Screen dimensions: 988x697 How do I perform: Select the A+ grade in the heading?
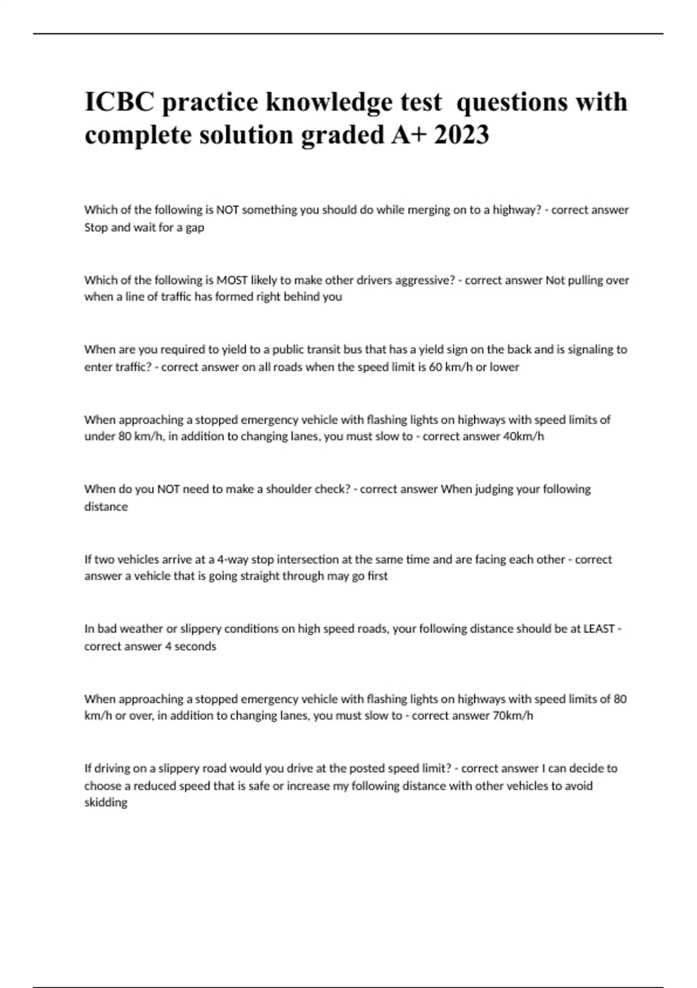click(x=409, y=135)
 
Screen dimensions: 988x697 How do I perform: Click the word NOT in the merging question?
click(x=227, y=210)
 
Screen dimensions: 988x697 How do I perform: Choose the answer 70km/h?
click(x=512, y=715)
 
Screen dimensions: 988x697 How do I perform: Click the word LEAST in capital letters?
click(x=599, y=629)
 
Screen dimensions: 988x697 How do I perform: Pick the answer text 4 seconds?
click(x=190, y=646)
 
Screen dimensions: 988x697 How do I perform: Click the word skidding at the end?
click(x=106, y=803)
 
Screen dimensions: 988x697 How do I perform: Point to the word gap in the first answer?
click(x=195, y=227)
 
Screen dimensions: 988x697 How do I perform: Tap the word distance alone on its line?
click(x=106, y=507)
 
